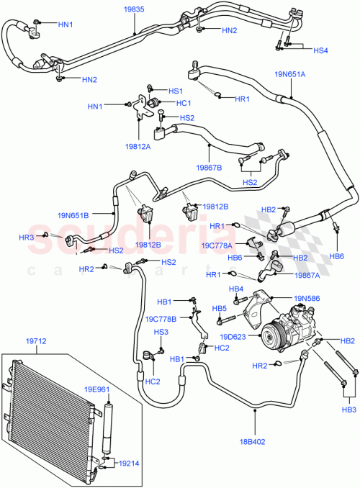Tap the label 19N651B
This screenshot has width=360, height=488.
point(73,214)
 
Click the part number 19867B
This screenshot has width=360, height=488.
point(209,168)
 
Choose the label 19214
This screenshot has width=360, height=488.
point(131,463)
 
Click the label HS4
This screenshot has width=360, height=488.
point(320,50)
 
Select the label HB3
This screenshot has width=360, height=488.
point(349,410)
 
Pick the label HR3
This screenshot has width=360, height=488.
point(27,237)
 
